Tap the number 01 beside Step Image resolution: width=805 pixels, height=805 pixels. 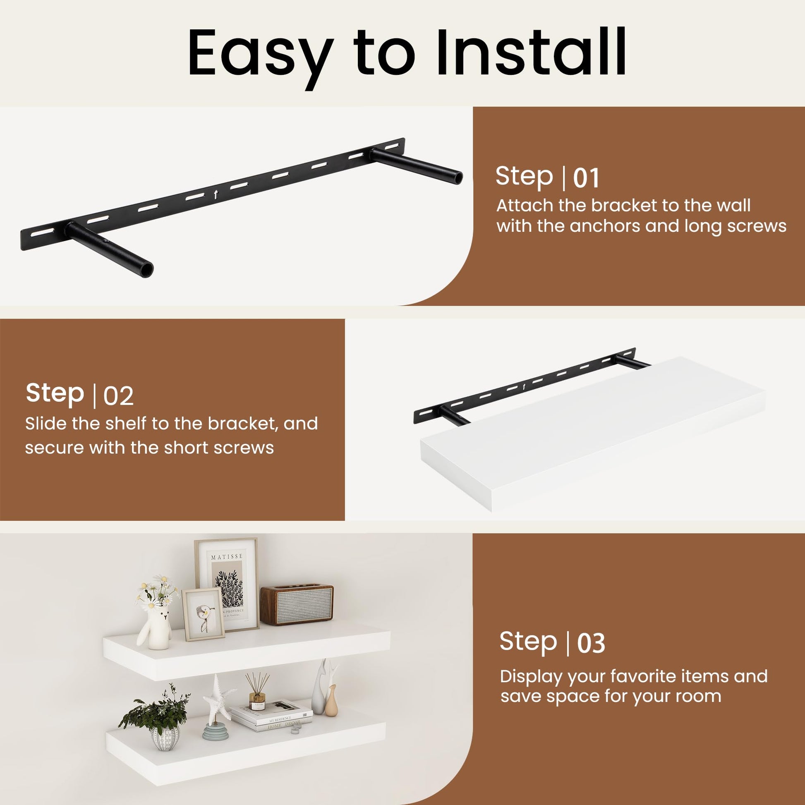point(586,178)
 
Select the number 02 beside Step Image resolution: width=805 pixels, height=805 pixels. point(118,396)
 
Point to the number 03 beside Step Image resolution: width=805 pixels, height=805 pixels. point(591,643)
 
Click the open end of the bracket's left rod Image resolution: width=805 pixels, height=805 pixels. point(147,270)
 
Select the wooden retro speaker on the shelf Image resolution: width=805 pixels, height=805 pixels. point(297,605)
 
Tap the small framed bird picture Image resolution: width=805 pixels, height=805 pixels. point(203,615)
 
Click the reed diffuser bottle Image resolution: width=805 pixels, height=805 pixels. point(257,694)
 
